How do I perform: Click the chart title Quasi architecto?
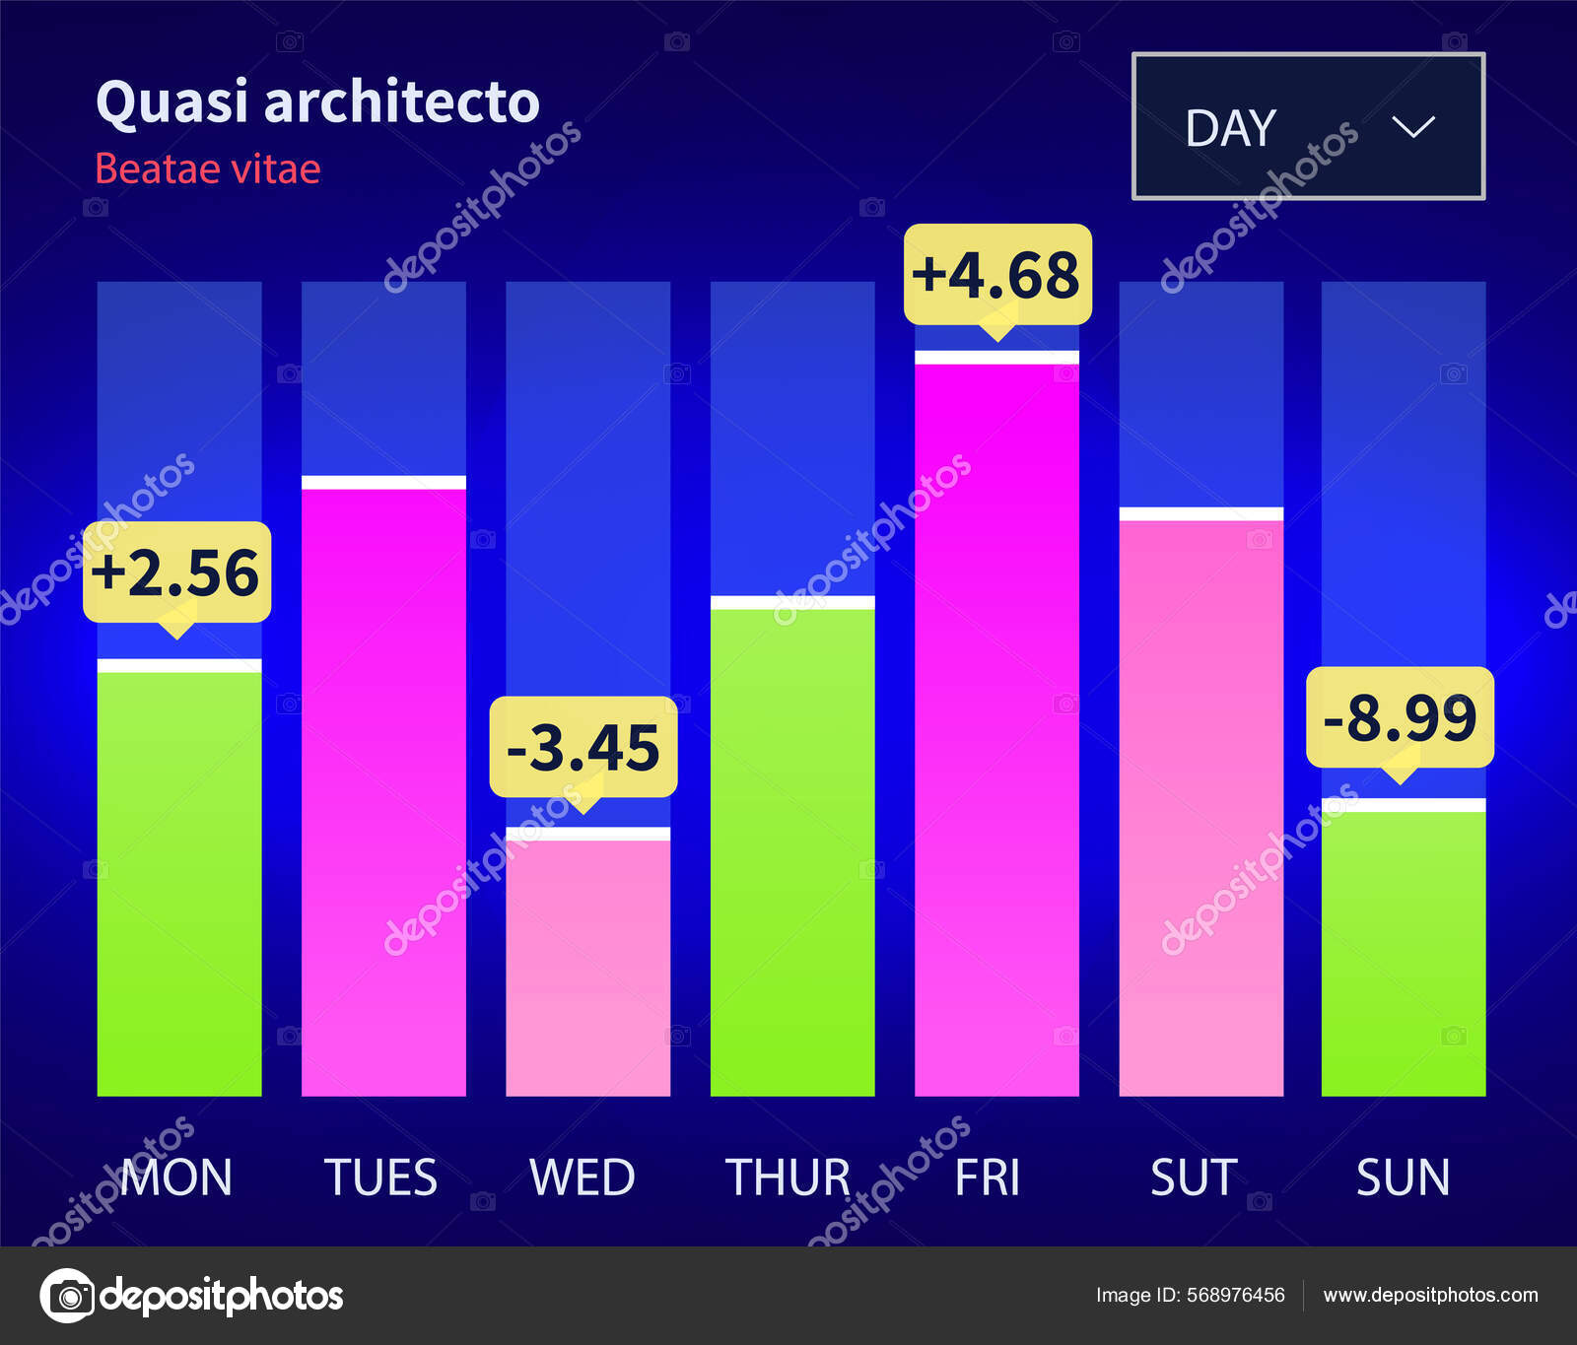[x=317, y=102]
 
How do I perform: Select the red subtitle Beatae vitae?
[x=208, y=169]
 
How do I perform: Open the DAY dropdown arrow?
[x=1412, y=127]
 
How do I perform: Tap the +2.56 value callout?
[x=176, y=572]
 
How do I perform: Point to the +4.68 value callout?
[x=996, y=275]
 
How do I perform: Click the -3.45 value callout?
[x=583, y=747]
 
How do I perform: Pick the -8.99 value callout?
[x=1400, y=717]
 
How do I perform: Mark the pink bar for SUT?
[x=1200, y=808]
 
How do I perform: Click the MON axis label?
[x=176, y=1177]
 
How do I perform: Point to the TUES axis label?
[x=380, y=1177]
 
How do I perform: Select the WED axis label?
[x=583, y=1177]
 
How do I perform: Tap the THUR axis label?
[x=788, y=1177]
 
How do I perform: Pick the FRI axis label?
[x=988, y=1177]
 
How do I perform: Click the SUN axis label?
[x=1403, y=1177]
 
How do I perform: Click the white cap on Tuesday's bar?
[x=383, y=483]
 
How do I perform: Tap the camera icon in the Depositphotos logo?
[x=67, y=1296]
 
